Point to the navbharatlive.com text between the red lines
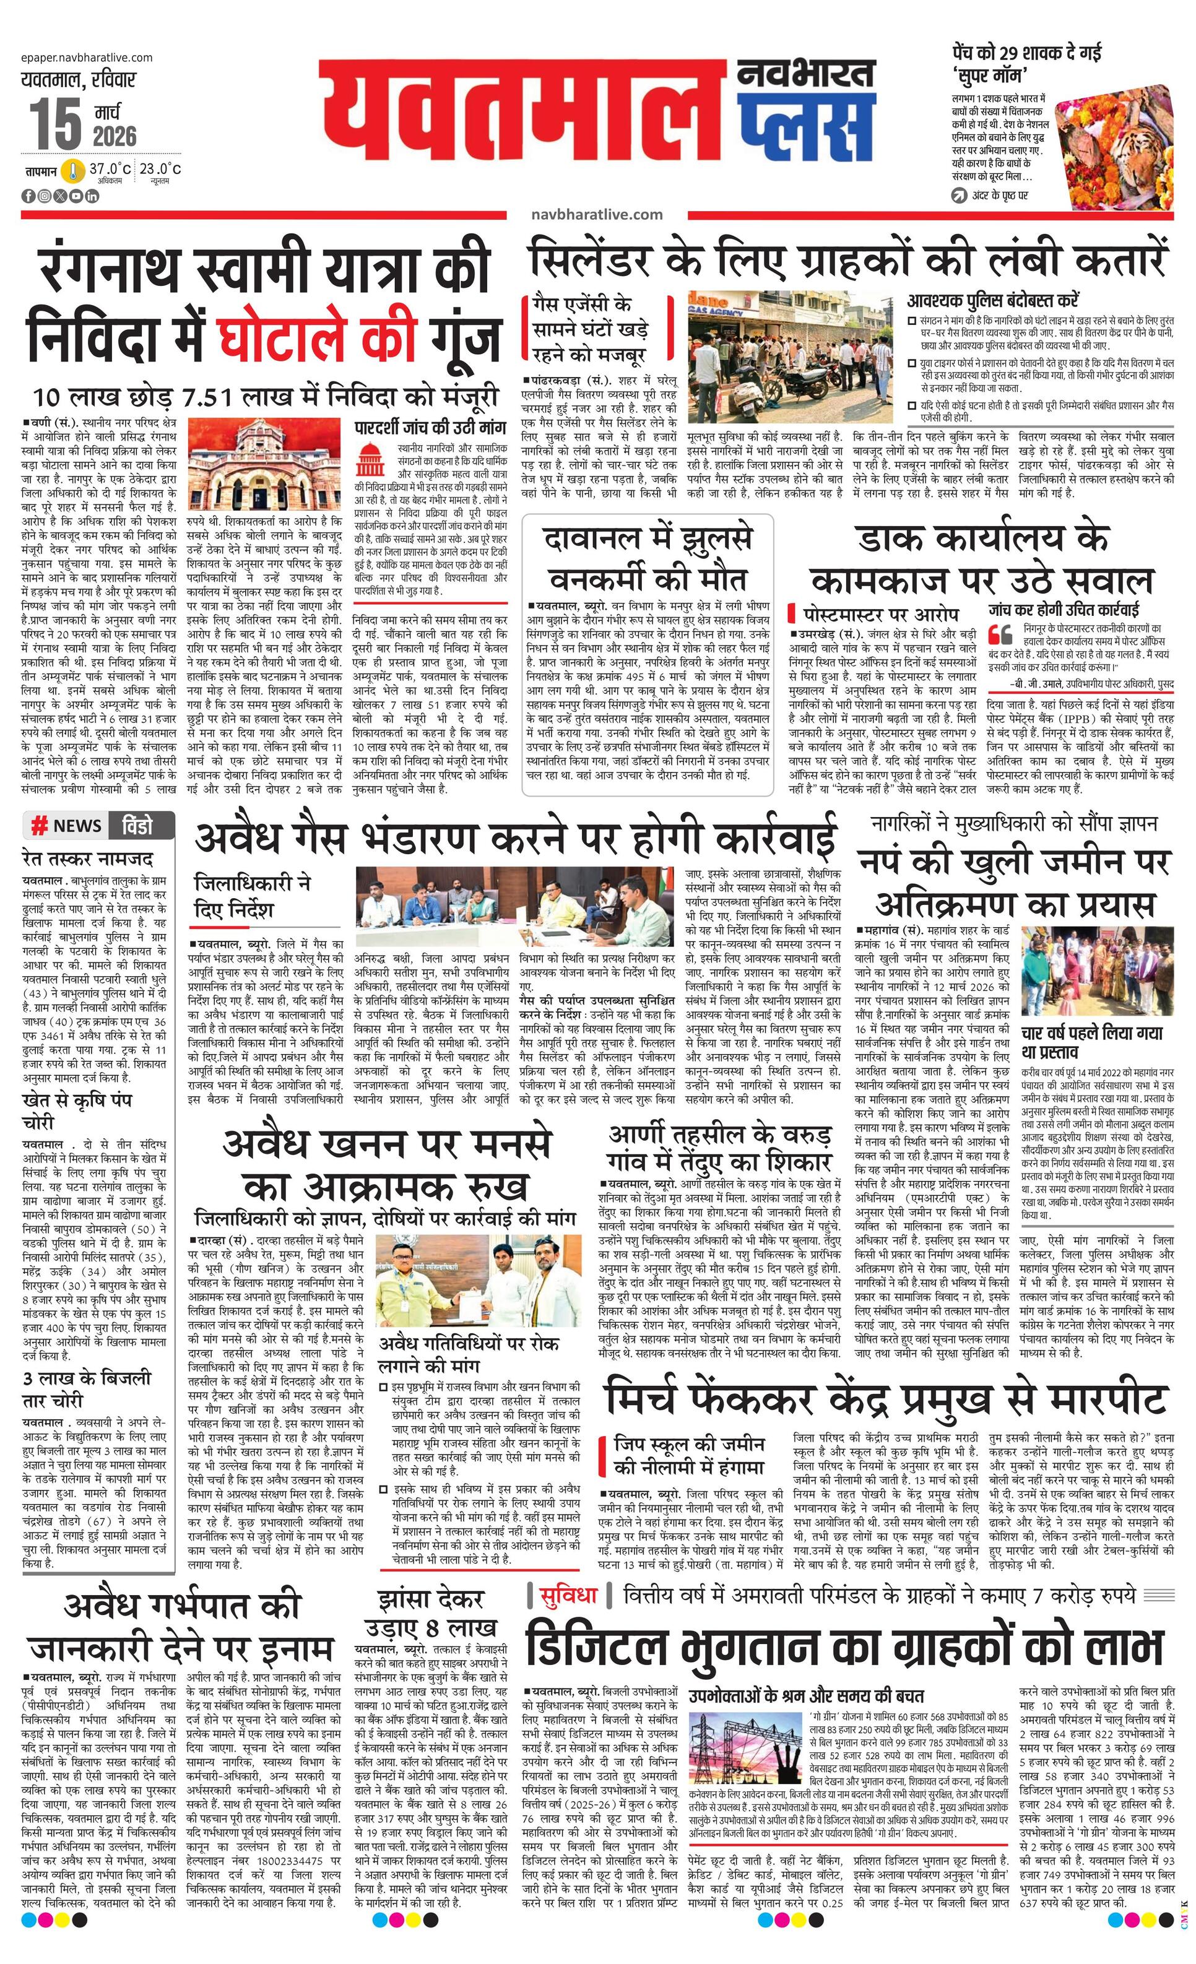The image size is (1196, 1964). tap(596, 214)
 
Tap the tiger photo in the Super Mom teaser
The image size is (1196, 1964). tap(1115, 149)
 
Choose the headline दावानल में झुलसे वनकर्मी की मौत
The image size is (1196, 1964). tap(648, 558)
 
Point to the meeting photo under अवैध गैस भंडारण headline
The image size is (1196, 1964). tap(514, 906)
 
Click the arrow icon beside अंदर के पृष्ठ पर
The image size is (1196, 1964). tap(958, 195)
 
